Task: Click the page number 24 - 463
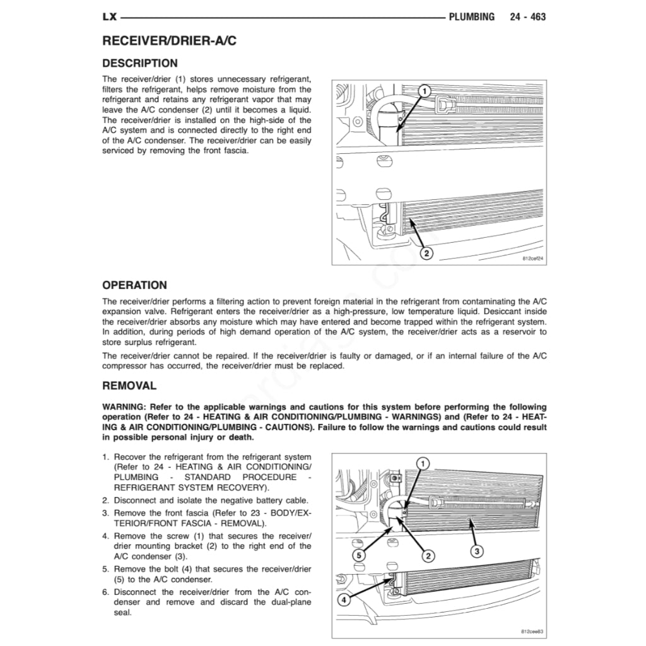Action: pyautogui.click(x=527, y=17)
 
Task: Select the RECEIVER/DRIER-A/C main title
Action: pyautogui.click(x=169, y=42)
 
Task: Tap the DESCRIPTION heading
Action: pyautogui.click(x=140, y=63)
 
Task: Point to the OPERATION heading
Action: pyautogui.click(x=134, y=285)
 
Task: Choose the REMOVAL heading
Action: pyautogui.click(x=129, y=385)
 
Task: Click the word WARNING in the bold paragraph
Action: pyautogui.click(x=122, y=408)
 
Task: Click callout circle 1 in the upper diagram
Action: pyautogui.click(x=425, y=91)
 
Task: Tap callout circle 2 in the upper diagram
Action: pyautogui.click(x=426, y=254)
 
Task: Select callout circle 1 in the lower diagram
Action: pyautogui.click(x=423, y=463)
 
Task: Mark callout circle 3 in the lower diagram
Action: pyautogui.click(x=477, y=551)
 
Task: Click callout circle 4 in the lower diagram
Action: pyautogui.click(x=344, y=600)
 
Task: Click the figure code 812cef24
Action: pyautogui.click(x=532, y=259)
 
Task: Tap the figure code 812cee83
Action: pyautogui.click(x=532, y=631)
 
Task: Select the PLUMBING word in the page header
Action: pyautogui.click(x=471, y=17)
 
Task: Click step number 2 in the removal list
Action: pyautogui.click(x=105, y=500)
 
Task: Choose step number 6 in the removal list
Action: pyautogui.click(x=105, y=592)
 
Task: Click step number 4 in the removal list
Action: pyautogui.click(x=105, y=536)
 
